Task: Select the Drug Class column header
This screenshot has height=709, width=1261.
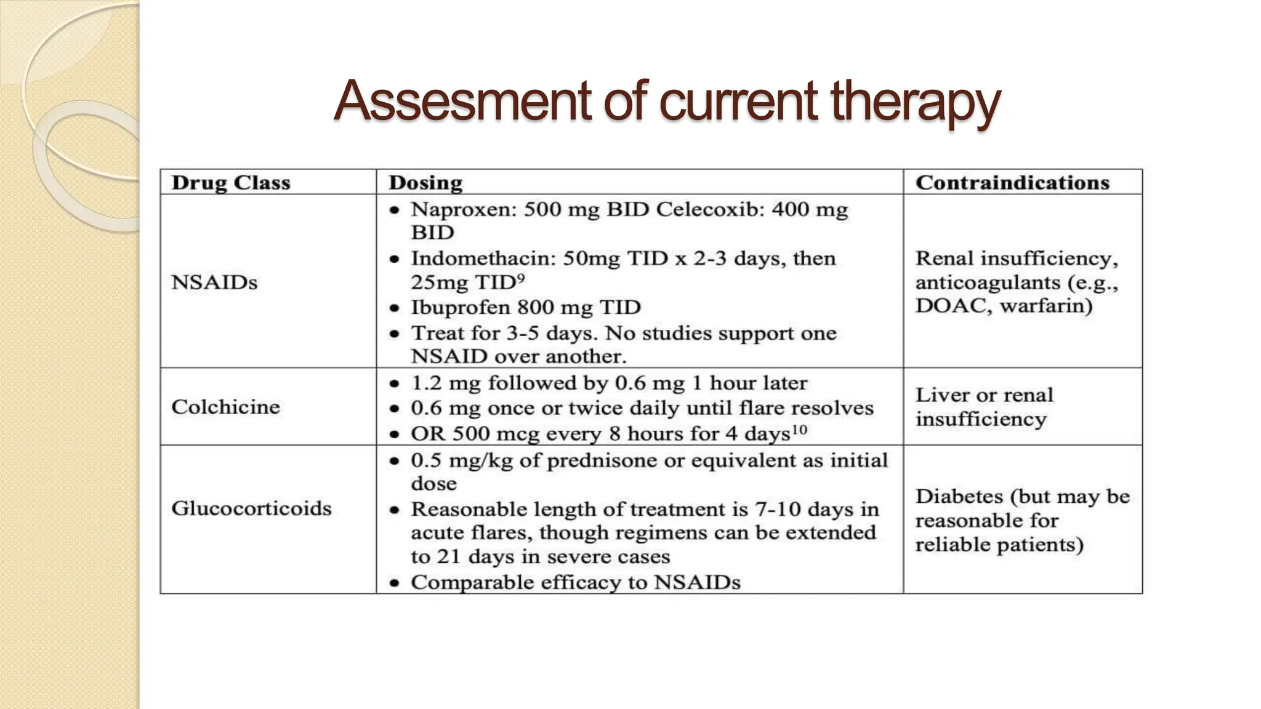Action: coord(231,183)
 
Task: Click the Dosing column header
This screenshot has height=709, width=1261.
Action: coord(425,183)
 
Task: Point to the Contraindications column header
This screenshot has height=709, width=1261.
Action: coord(1012,183)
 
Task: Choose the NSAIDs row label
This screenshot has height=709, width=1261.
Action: coord(214,282)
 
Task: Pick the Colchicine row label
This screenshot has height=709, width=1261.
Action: coord(225,407)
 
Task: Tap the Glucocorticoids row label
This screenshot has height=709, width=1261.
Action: coord(251,508)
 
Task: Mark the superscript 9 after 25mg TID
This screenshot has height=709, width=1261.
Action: coord(521,278)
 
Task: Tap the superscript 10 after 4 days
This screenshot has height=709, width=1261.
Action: coord(799,429)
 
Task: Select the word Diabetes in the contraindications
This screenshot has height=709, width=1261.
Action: coord(959,497)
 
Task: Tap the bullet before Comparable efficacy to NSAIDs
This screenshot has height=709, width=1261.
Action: coord(395,583)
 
